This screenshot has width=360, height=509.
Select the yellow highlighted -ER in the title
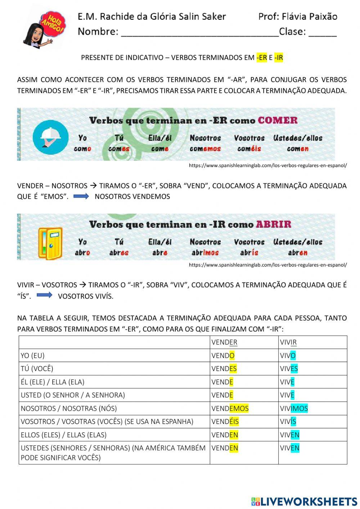pos(262,58)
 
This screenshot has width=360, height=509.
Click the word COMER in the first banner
pos(278,120)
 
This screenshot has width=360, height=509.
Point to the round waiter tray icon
pos(50,138)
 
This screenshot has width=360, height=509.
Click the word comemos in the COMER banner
pos(205,149)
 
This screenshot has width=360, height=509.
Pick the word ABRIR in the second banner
pos(274,224)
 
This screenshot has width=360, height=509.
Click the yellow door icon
pos(50,243)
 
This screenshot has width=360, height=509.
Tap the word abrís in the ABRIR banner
pos(249,253)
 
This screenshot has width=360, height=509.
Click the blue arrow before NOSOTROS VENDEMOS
pos(81,196)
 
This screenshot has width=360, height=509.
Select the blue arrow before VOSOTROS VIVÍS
pos(45,295)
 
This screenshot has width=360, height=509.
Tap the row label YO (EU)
pos(33,356)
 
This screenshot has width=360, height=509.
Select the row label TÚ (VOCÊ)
pos(37,369)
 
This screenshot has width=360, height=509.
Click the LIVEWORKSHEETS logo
pos(304,501)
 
